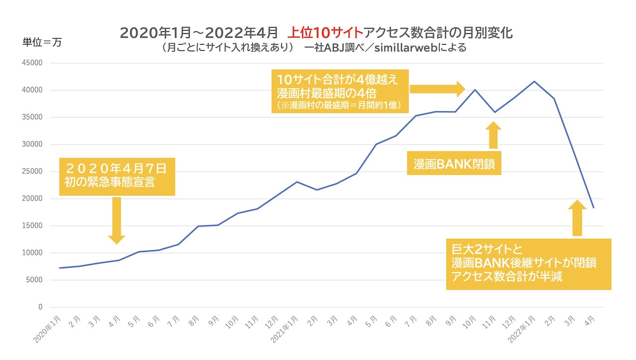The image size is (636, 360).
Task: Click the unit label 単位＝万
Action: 42,42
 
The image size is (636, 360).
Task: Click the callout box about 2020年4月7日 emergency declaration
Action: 117,176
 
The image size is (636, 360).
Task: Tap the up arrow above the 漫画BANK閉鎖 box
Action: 493,135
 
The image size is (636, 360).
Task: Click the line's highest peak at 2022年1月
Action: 534,81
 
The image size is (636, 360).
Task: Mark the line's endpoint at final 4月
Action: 594,208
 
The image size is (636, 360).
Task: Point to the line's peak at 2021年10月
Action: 475,90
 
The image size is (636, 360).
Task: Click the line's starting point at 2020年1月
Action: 60,268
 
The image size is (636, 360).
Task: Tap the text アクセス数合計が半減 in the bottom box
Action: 507,277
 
